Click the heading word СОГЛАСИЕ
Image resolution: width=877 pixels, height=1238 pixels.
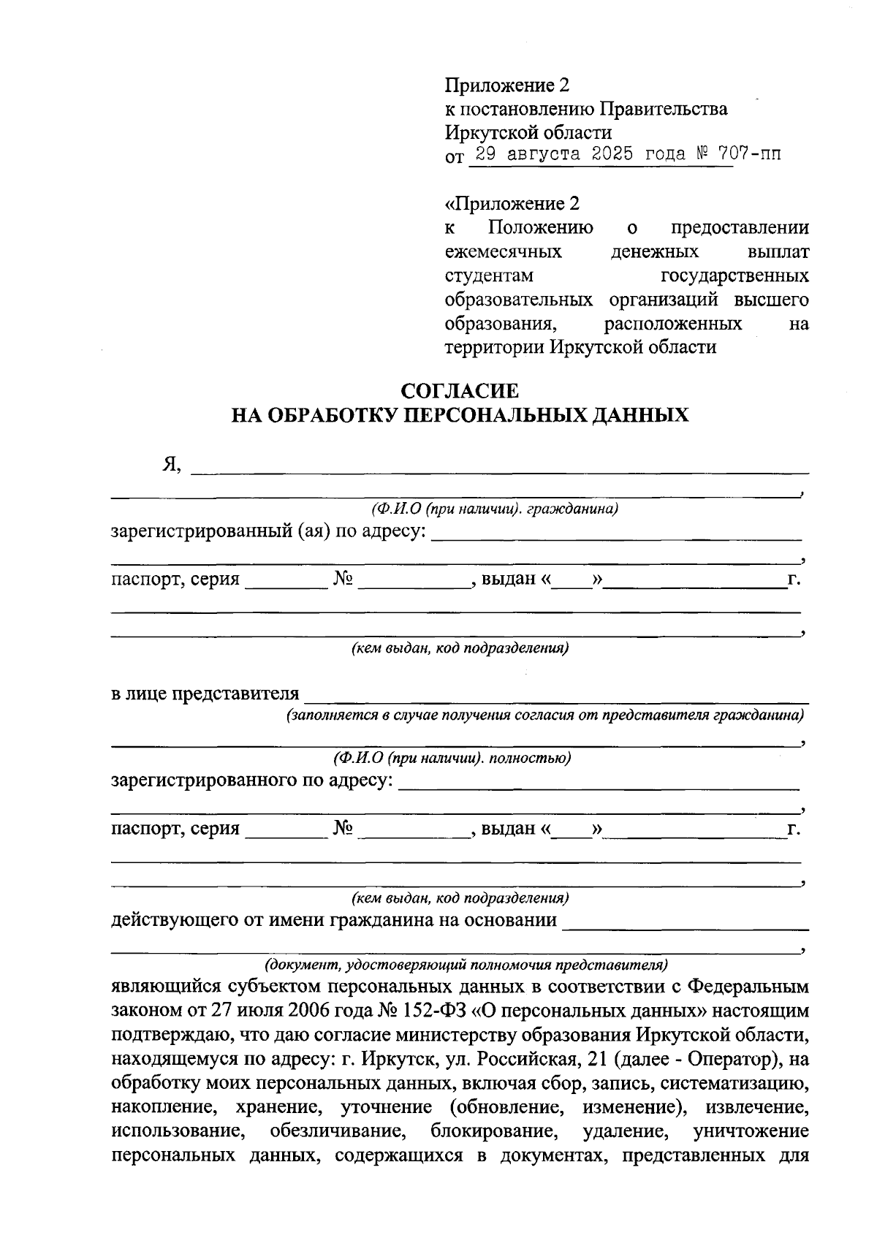click(x=460, y=391)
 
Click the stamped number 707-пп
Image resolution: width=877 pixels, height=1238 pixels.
click(x=749, y=154)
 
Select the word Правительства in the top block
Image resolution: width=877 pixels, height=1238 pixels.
click(x=664, y=109)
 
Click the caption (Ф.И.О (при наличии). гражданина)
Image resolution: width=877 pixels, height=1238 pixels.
click(x=495, y=509)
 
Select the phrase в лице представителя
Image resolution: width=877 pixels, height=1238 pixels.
click(x=205, y=693)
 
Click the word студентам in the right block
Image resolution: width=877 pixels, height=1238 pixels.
click(x=489, y=276)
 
